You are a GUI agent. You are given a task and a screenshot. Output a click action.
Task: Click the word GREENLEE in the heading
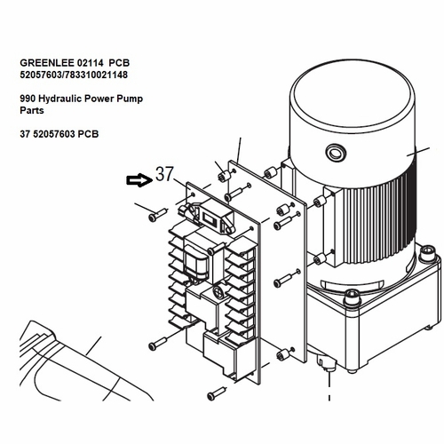tap(47, 63)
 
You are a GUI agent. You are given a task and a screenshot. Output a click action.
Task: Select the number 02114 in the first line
tap(91, 63)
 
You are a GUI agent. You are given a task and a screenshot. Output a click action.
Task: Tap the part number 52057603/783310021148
tap(74, 75)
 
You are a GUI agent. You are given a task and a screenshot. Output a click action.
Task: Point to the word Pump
tap(130, 99)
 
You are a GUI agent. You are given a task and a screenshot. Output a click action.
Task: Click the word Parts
tap(32, 110)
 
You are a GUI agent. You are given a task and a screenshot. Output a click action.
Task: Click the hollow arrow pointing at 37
tap(139, 180)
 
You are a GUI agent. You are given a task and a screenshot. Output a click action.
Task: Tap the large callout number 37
tap(164, 174)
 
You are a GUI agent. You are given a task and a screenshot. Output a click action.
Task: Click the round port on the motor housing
tap(336, 154)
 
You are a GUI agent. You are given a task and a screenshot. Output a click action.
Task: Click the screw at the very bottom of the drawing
tap(217, 392)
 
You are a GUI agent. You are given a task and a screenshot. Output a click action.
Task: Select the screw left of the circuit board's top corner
tap(157, 215)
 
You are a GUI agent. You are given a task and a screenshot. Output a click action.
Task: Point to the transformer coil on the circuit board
tap(194, 262)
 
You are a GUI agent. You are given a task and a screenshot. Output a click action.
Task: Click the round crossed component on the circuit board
tap(218, 291)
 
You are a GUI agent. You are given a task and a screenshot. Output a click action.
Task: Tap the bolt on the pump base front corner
tap(352, 297)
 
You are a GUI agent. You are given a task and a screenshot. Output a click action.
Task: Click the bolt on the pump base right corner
tap(426, 254)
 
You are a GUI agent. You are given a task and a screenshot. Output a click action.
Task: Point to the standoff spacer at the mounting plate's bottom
tap(282, 354)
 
